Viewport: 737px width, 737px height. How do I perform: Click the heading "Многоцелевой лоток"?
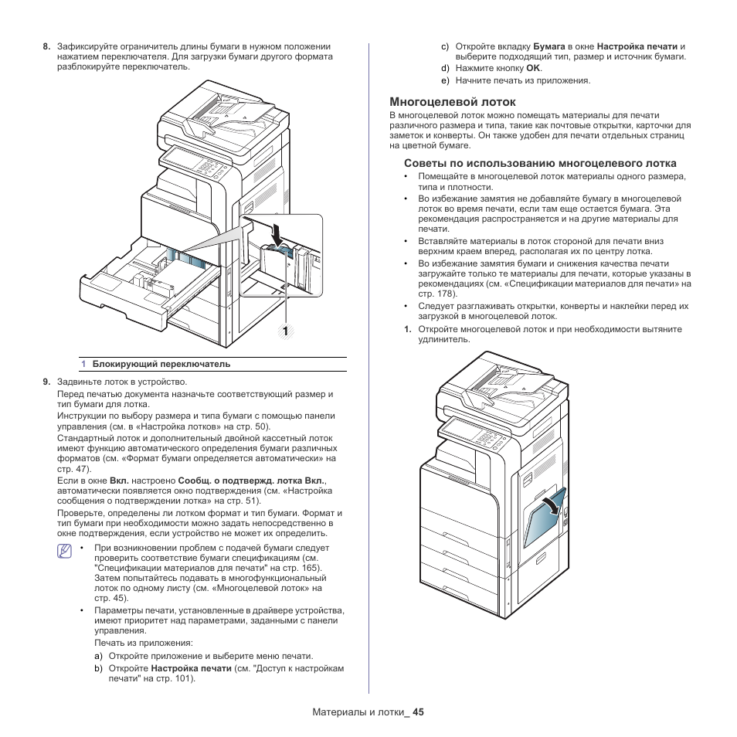[x=441, y=101]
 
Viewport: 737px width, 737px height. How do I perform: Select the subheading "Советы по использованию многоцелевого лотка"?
[x=540, y=163]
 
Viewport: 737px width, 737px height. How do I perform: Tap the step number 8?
[x=46, y=46]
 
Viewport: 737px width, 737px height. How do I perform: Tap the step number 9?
[x=46, y=381]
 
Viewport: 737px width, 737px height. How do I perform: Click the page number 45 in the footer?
[x=419, y=712]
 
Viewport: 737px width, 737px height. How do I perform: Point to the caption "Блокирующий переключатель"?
[x=161, y=364]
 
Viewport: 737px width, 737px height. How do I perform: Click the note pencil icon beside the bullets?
[x=65, y=551]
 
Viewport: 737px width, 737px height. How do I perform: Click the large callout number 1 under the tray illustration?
[x=285, y=331]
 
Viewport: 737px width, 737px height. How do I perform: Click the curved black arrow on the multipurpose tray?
[x=549, y=506]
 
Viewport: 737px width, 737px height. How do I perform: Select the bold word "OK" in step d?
[x=533, y=68]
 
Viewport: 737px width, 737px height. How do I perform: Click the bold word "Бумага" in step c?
[x=549, y=46]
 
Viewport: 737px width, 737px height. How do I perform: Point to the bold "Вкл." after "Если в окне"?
[x=119, y=480]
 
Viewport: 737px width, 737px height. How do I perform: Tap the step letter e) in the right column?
[x=445, y=80]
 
